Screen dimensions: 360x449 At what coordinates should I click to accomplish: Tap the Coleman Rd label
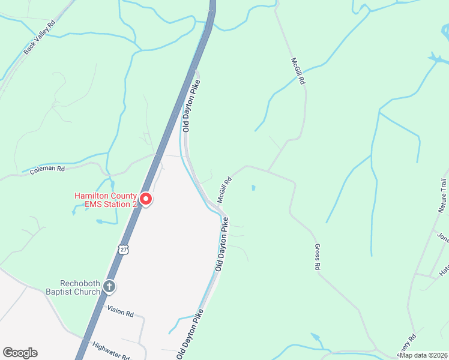(47, 170)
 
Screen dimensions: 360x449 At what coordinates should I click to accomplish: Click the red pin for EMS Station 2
(145, 199)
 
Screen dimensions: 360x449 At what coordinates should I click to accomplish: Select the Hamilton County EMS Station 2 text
(106, 200)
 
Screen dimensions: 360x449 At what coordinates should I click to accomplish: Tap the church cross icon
(109, 287)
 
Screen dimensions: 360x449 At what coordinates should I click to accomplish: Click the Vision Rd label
(120, 311)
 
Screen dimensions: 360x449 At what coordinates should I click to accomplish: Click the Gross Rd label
(318, 257)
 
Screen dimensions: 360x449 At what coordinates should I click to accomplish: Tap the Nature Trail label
(443, 196)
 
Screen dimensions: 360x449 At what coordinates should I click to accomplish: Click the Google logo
(20, 353)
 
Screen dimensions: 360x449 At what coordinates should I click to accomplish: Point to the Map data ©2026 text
(423, 355)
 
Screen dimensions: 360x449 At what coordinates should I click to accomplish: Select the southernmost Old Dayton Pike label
(190, 335)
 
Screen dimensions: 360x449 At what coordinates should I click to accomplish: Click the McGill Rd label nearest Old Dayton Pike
(225, 189)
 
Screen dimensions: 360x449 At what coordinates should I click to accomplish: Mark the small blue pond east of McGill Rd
(253, 188)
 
